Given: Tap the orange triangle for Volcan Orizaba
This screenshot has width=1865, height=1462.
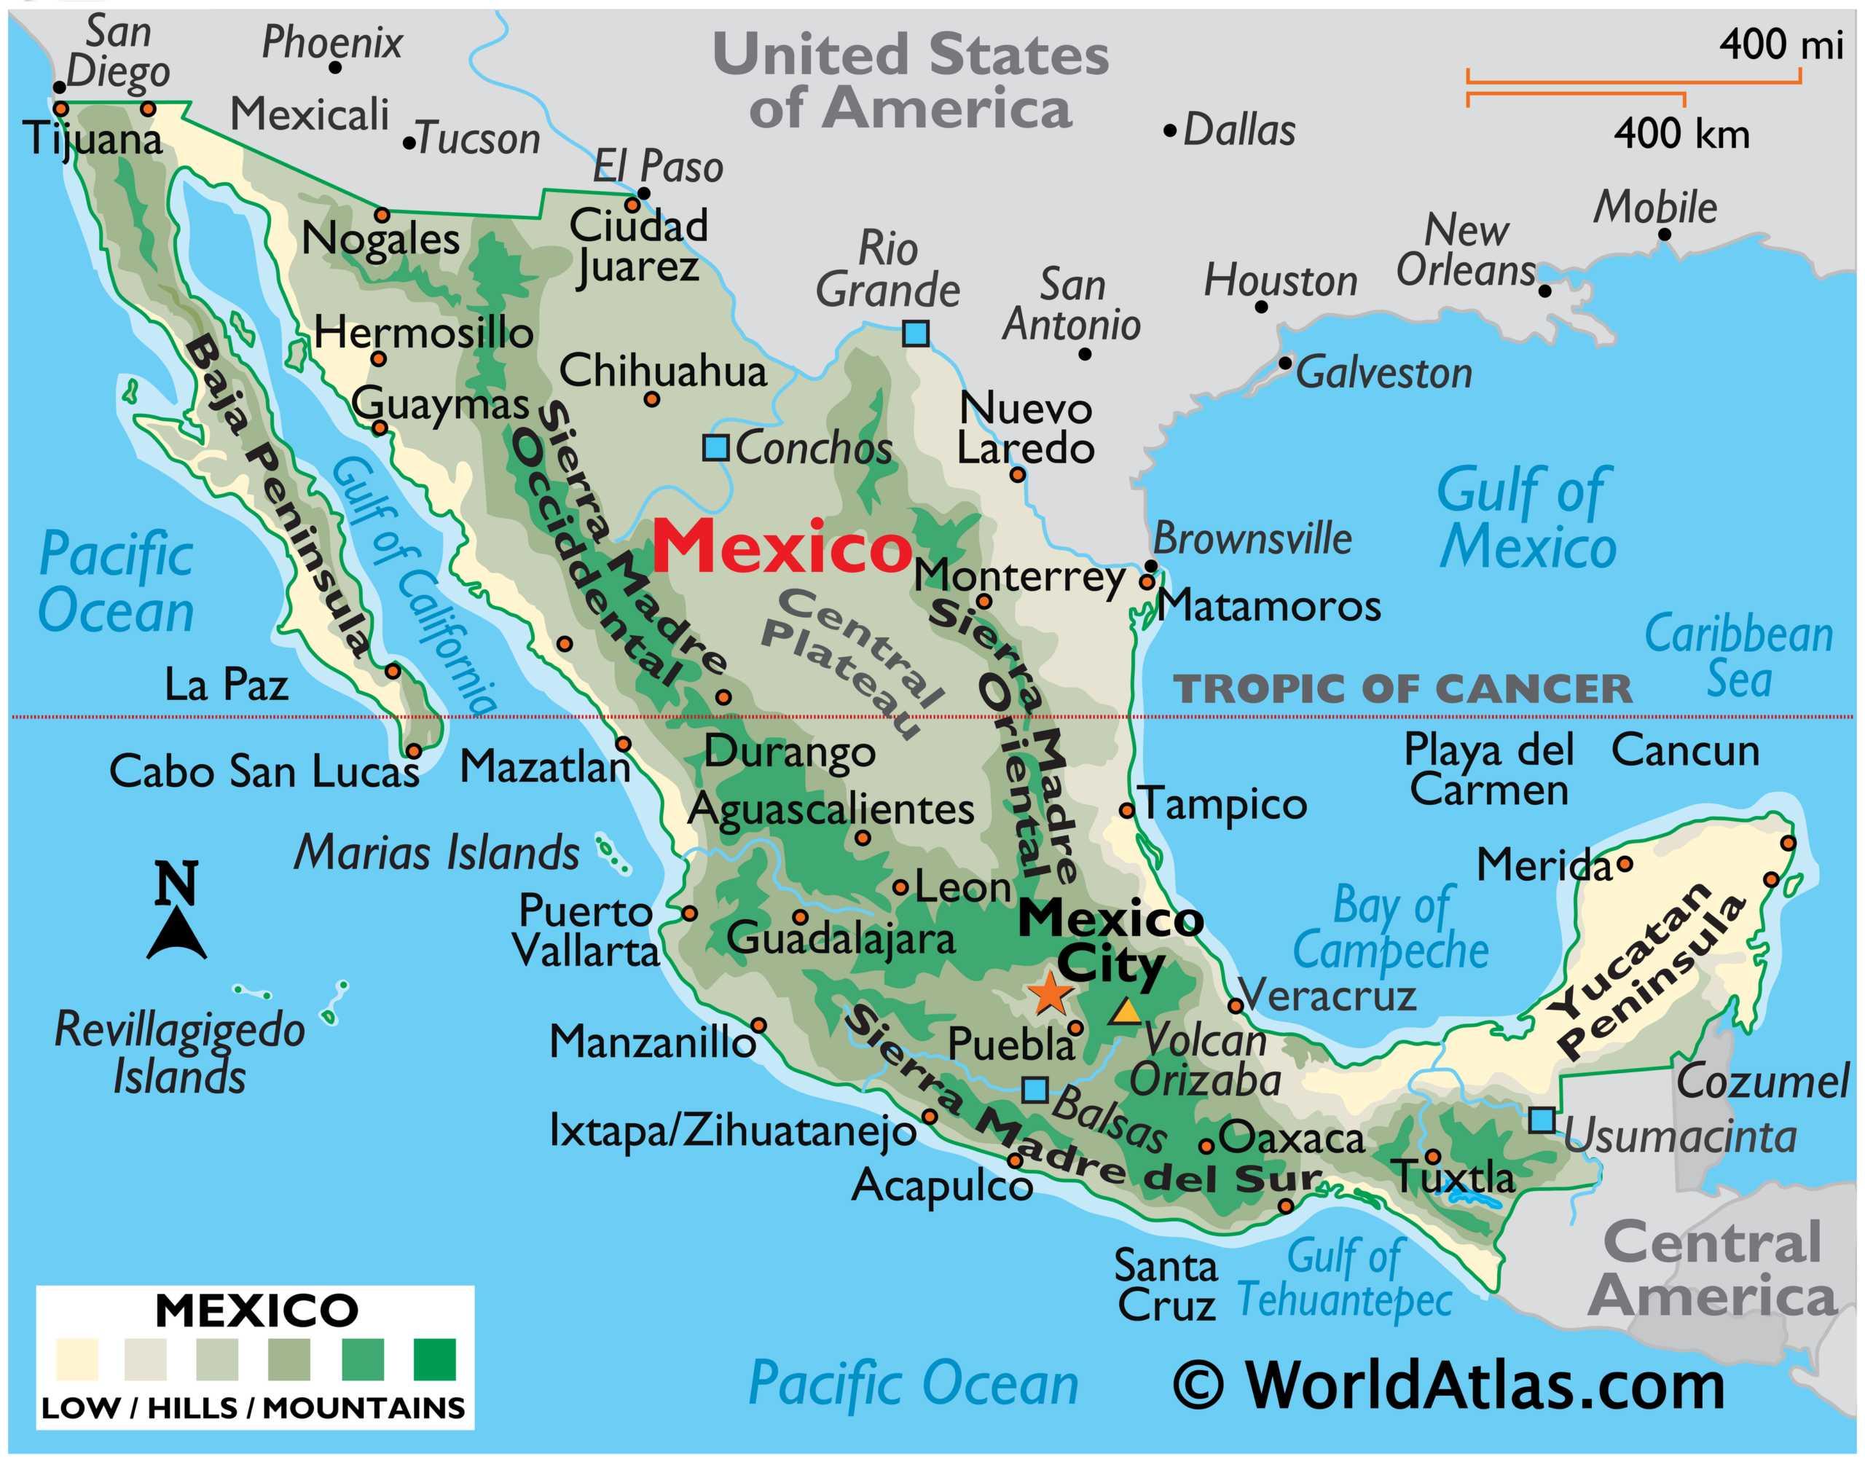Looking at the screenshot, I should pos(1126,1013).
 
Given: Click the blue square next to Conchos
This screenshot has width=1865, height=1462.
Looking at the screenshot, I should pos(715,448).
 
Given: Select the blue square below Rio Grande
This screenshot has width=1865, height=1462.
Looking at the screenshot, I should pos(915,333).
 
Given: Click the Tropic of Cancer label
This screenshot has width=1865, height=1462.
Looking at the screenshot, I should pos(1402,689).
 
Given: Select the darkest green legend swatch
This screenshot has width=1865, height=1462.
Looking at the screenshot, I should pos(434,1360).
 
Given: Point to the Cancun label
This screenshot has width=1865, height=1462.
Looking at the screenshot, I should pos(1684,751).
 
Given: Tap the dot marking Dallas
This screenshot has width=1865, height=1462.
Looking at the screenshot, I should pos(1169,131).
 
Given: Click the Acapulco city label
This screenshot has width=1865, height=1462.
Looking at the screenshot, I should pos(941,1185).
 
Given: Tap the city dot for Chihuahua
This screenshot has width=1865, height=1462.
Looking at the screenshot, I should pos(651,400).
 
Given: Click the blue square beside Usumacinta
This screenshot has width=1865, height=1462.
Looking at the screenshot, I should pos(1542,1120).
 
